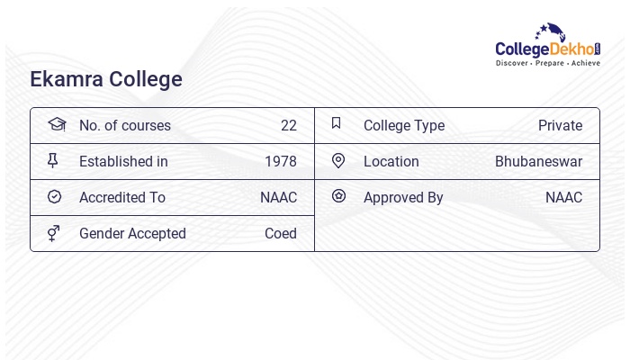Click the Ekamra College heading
click(106, 79)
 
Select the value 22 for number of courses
click(289, 126)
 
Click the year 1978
click(281, 162)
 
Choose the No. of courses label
click(124, 126)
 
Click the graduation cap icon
click(57, 124)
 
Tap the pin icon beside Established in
click(53, 160)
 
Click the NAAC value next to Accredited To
click(278, 198)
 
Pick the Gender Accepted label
click(132, 234)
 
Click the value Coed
click(281, 234)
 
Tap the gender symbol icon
click(54, 233)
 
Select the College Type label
click(404, 126)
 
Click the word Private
click(560, 126)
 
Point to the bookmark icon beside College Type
click(337, 123)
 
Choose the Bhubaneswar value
click(538, 162)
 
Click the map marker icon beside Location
click(338, 160)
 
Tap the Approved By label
click(403, 198)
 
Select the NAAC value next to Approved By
click(563, 198)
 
